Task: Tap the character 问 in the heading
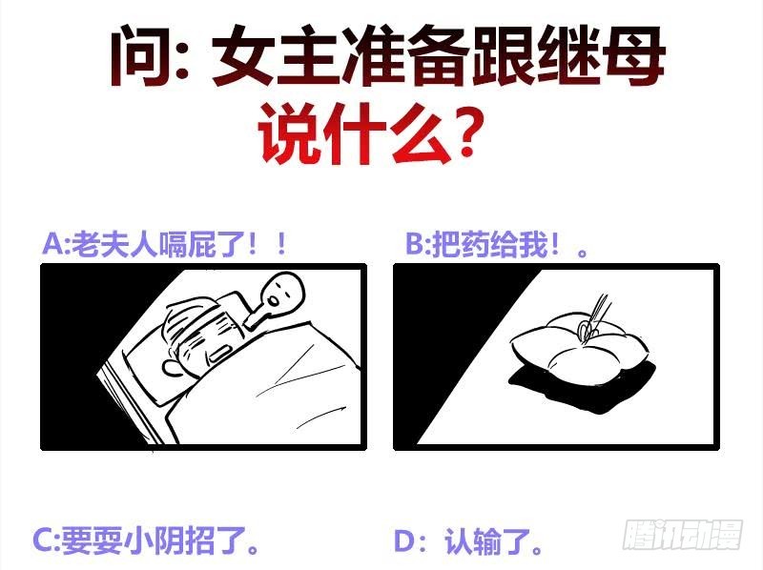141,54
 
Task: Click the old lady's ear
172,368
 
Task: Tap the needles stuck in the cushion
593,317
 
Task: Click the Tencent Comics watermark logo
683,535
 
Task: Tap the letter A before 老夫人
52,244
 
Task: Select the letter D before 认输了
404,541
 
